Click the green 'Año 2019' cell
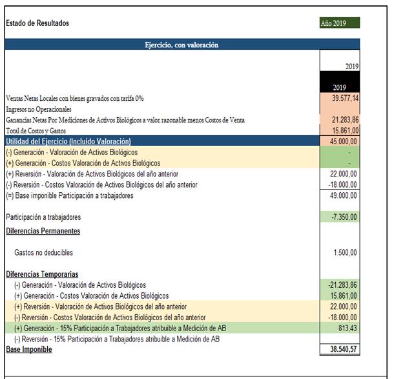pos(339,23)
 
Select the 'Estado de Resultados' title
pos(37,24)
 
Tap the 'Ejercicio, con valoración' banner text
pos(181,45)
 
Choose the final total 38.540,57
pos(343,350)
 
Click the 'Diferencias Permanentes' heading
pos(43,231)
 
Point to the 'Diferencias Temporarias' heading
pos(42,274)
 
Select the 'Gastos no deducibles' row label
pos(43,252)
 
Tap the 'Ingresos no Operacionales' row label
pos(39,109)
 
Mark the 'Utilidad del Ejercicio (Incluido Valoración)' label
pos(68,142)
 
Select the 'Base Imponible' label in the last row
pos(29,350)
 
